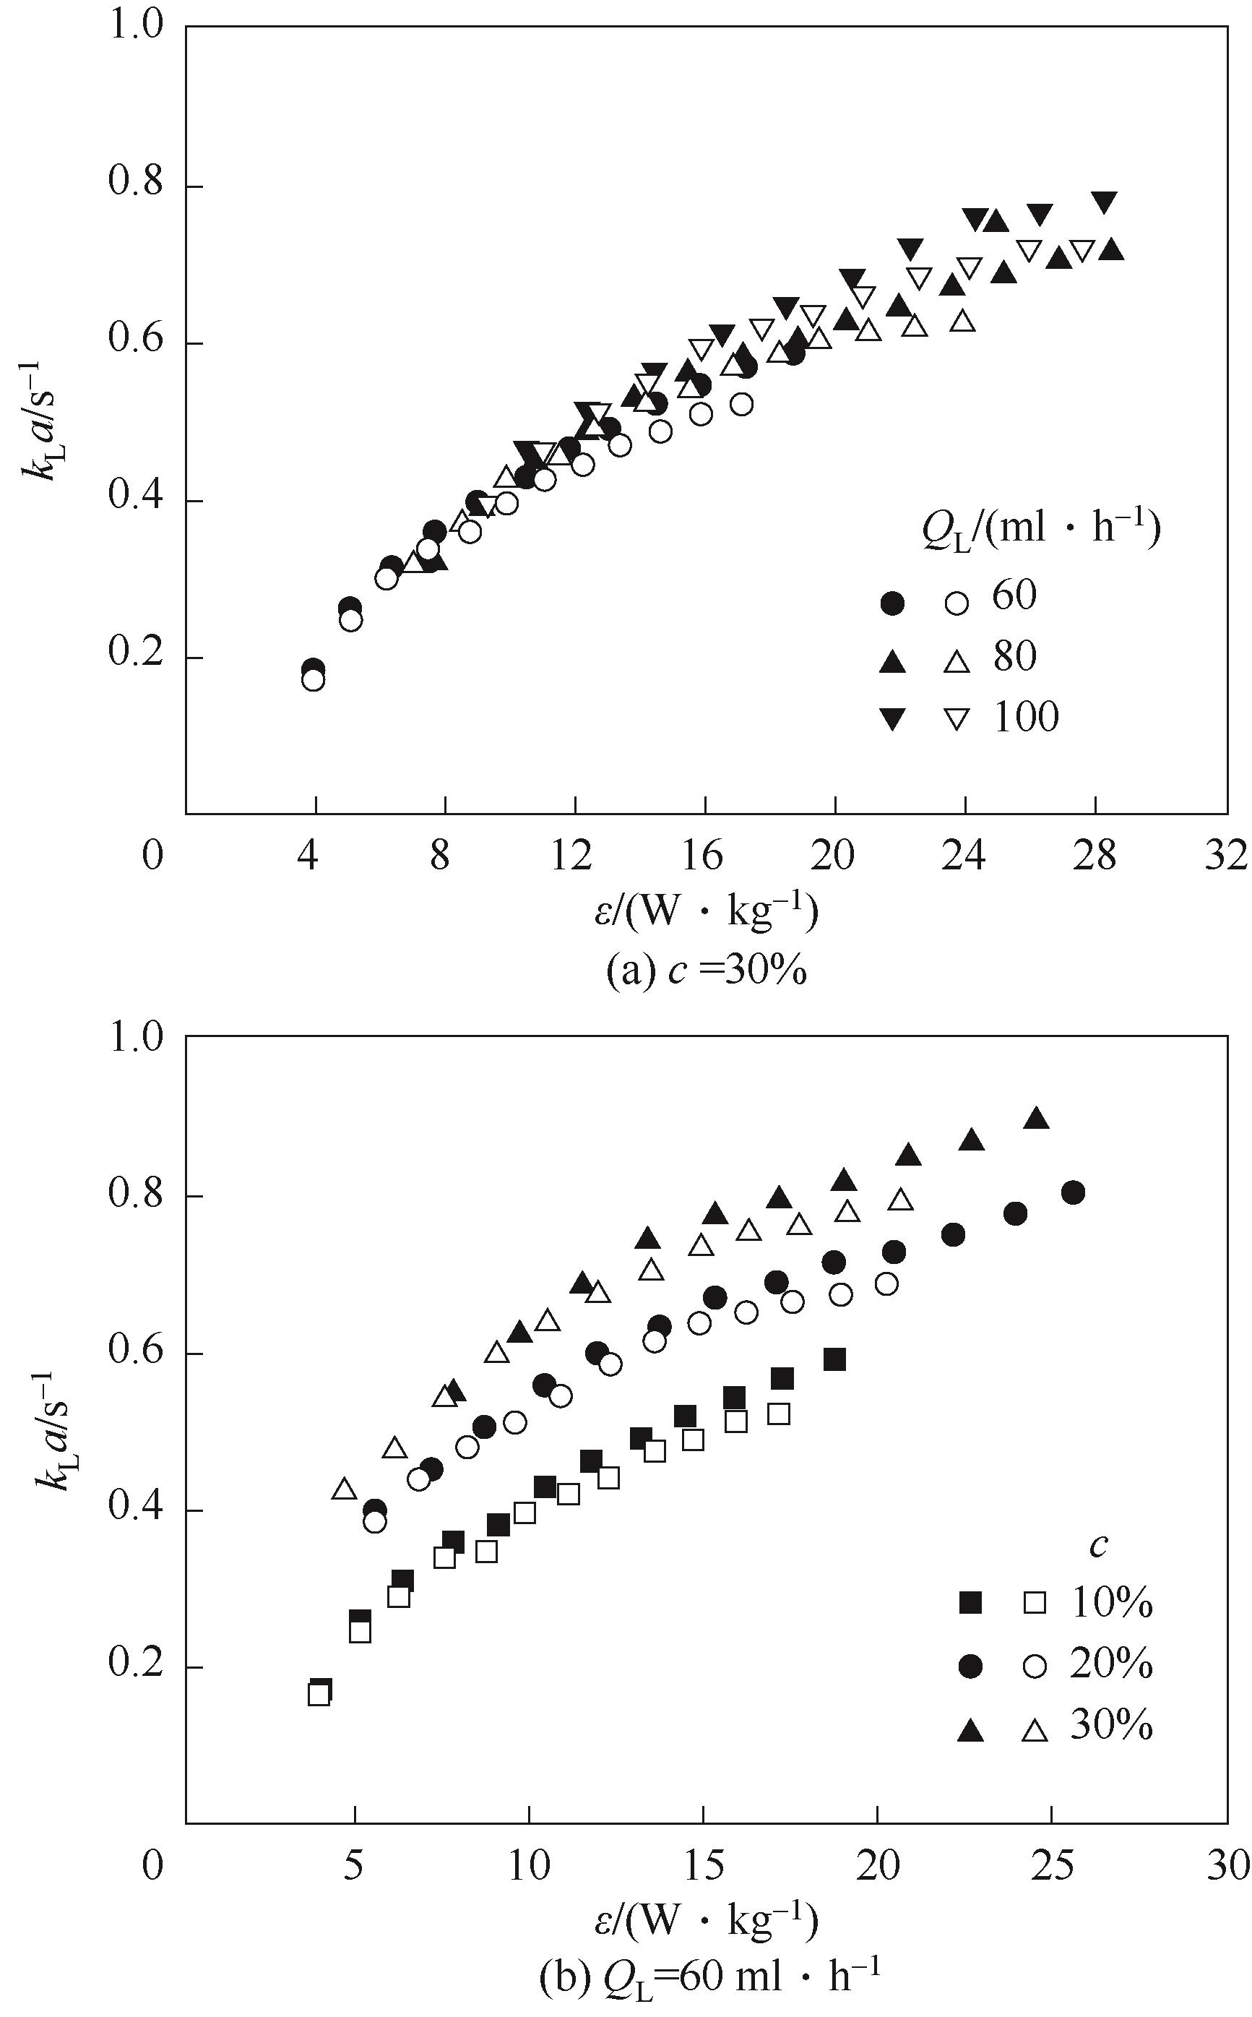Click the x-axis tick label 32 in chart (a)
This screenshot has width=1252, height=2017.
coord(1226,856)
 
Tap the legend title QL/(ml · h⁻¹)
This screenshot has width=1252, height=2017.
coord(1041,531)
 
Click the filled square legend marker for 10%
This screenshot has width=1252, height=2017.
coord(970,1604)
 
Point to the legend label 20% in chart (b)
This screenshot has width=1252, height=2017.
coord(1111,1665)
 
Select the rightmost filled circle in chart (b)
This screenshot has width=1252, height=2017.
coord(1073,1193)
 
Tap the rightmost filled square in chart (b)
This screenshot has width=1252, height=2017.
coord(834,1359)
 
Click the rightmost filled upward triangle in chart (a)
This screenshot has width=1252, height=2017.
coord(1112,249)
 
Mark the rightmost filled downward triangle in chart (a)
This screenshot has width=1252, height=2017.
coord(1104,202)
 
